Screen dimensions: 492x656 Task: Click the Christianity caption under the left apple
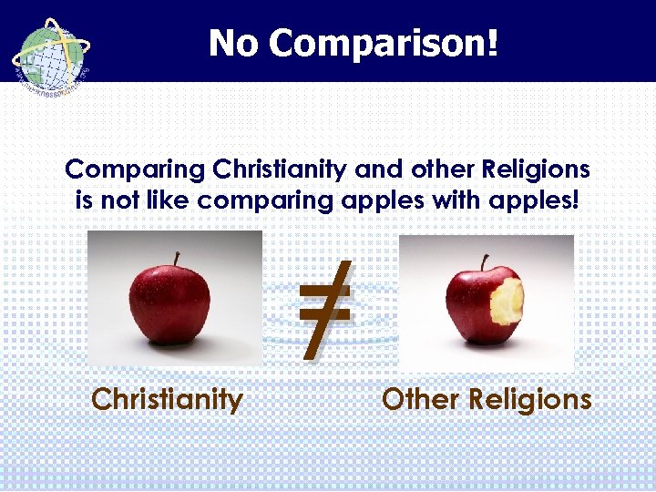click(168, 400)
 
